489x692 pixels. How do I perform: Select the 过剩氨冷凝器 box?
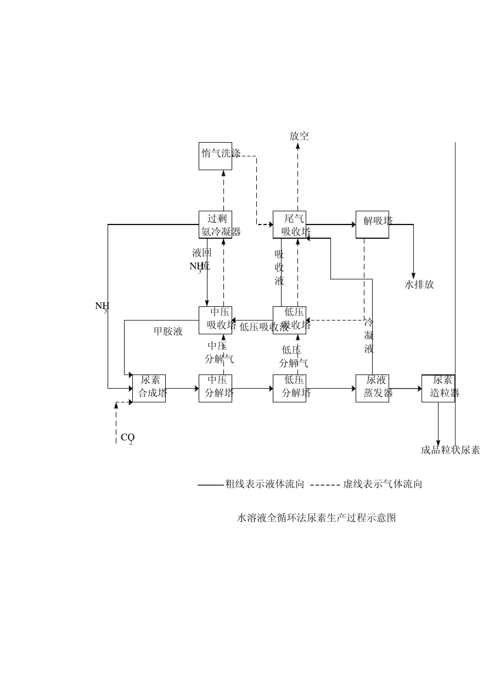click(215, 225)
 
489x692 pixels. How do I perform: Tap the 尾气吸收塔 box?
click(289, 225)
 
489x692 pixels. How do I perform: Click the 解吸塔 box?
click(372, 225)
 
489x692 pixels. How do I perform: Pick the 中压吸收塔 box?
click(215, 320)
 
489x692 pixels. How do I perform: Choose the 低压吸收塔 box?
click(289, 320)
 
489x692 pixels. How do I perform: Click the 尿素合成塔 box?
click(149, 388)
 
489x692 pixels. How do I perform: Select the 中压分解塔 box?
click(215, 388)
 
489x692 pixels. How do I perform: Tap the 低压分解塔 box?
click(289, 388)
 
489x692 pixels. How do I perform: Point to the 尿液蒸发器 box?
click(372, 388)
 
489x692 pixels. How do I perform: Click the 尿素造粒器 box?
click(438, 388)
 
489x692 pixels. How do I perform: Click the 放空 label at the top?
click(299, 136)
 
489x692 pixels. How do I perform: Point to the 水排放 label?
click(419, 284)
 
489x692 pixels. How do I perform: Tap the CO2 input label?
click(127, 438)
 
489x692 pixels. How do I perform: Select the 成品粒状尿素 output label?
click(450, 450)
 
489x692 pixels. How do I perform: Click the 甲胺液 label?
click(168, 331)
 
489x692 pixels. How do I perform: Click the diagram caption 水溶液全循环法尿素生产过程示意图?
click(316, 518)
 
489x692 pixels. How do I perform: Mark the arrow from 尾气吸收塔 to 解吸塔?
click(331, 224)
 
